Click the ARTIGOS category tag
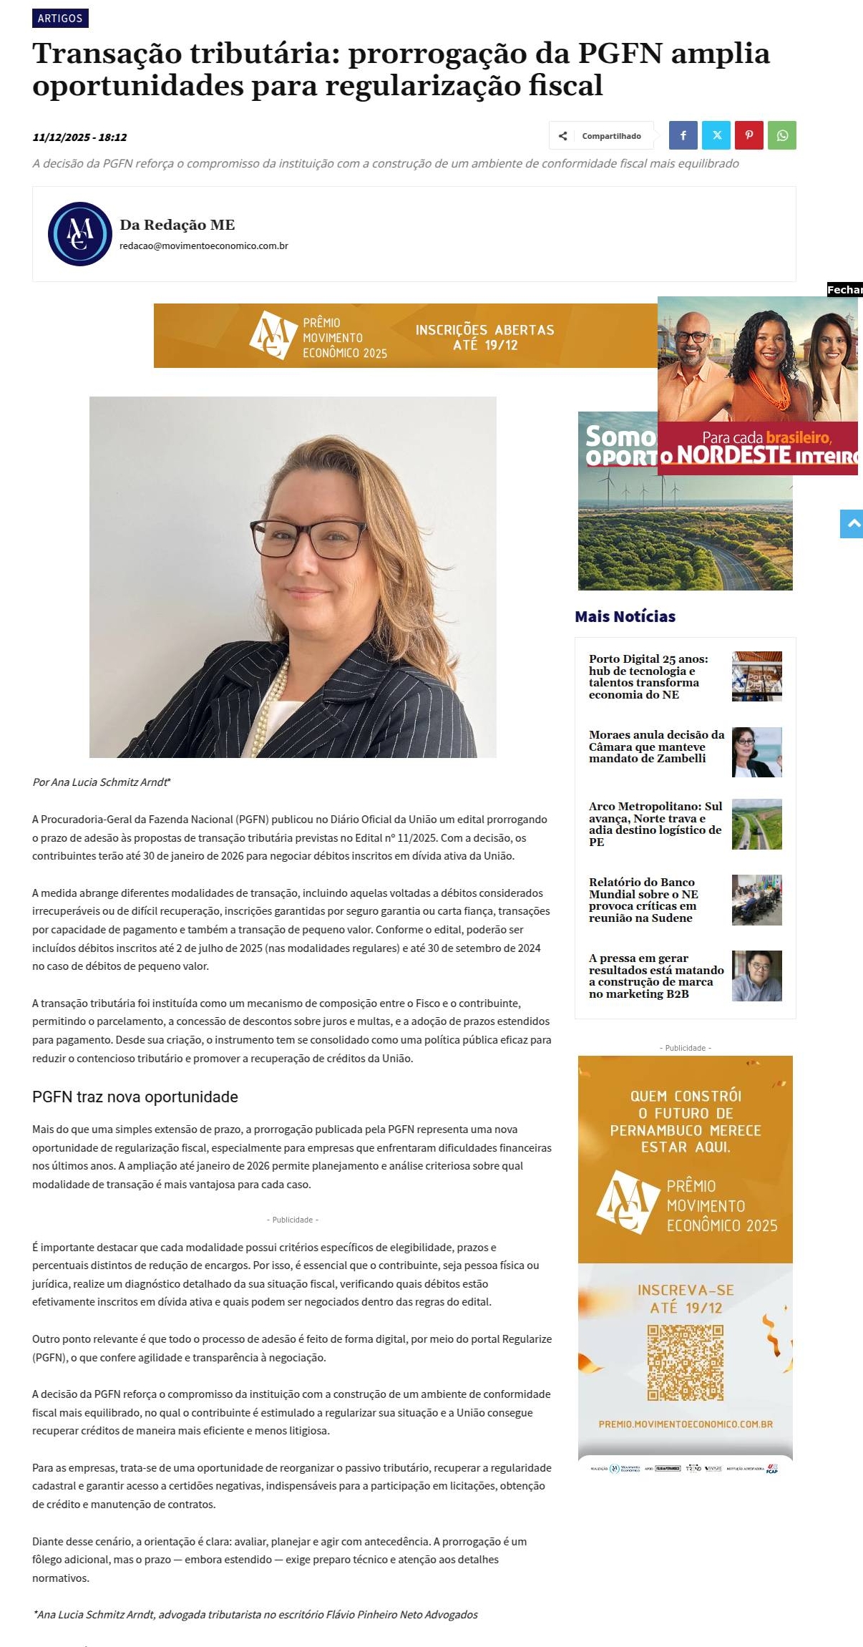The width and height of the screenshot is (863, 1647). pyautogui.click(x=60, y=18)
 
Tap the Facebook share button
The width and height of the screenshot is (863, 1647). pyautogui.click(x=683, y=135)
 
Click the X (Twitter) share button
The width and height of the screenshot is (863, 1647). pyautogui.click(x=716, y=135)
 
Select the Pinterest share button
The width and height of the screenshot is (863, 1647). pyautogui.click(x=749, y=135)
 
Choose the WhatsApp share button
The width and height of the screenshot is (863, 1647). pyautogui.click(x=781, y=135)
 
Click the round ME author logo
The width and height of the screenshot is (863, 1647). pyautogui.click(x=79, y=234)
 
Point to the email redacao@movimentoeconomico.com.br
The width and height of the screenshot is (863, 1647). pyautogui.click(x=203, y=246)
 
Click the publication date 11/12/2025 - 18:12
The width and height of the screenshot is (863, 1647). pyautogui.click(x=79, y=137)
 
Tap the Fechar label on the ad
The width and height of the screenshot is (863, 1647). pyautogui.click(x=844, y=289)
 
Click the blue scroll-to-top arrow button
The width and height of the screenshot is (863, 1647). pyautogui.click(x=852, y=524)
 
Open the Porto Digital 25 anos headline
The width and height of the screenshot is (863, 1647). pyautogui.click(x=648, y=676)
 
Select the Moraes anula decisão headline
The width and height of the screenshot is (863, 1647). pyautogui.click(x=656, y=747)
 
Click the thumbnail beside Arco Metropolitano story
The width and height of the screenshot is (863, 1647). pyautogui.click(x=756, y=824)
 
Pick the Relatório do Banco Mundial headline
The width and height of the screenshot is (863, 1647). pyautogui.click(x=643, y=900)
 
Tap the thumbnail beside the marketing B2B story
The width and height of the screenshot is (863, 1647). pyautogui.click(x=756, y=976)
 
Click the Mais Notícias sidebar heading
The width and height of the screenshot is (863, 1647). pyautogui.click(x=625, y=616)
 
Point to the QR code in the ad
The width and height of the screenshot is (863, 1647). pyautogui.click(x=685, y=1362)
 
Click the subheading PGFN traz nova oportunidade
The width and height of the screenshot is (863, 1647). pyautogui.click(x=135, y=1097)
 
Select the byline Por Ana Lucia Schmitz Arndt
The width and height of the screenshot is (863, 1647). pyautogui.click(x=102, y=782)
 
